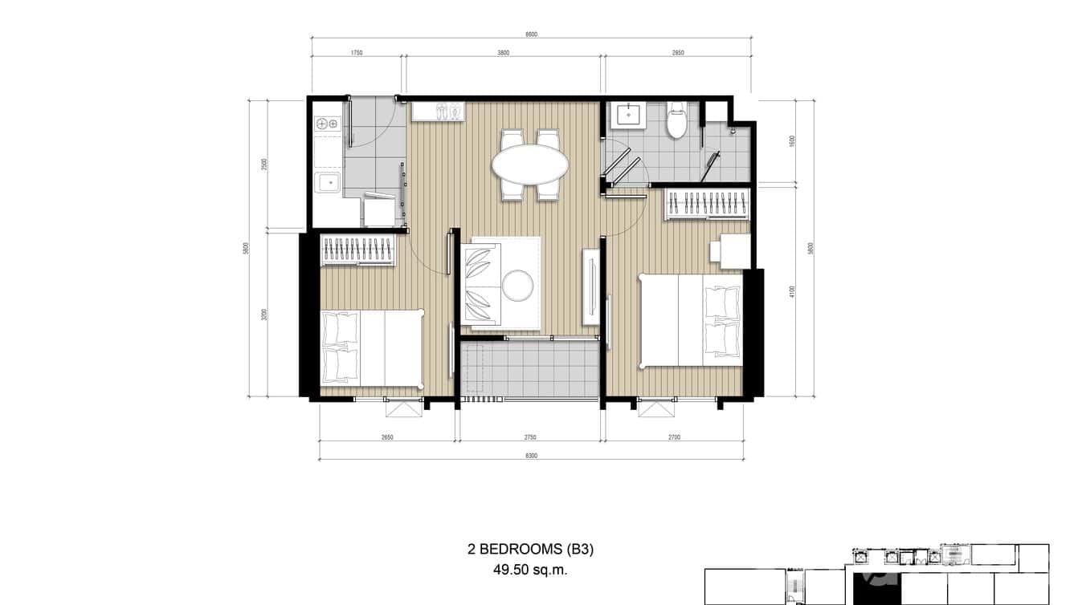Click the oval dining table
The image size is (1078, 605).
pyautogui.click(x=530, y=164)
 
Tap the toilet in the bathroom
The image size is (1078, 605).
pyautogui.click(x=676, y=121)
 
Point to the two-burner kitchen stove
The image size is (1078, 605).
pyautogui.click(x=327, y=124)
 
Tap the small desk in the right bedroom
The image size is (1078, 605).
pyautogui.click(x=729, y=250)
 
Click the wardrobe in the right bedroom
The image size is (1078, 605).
pyautogui.click(x=706, y=204)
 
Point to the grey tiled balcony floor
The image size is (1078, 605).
pyautogui.click(x=530, y=370)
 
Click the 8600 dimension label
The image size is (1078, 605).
pyautogui.click(x=531, y=35)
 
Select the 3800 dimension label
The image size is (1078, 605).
pyautogui.click(x=503, y=53)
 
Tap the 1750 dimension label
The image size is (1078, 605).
pyautogui.click(x=357, y=53)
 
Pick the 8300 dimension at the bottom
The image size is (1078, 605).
pyautogui.click(x=531, y=456)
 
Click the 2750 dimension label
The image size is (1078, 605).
pyautogui.click(x=530, y=437)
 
